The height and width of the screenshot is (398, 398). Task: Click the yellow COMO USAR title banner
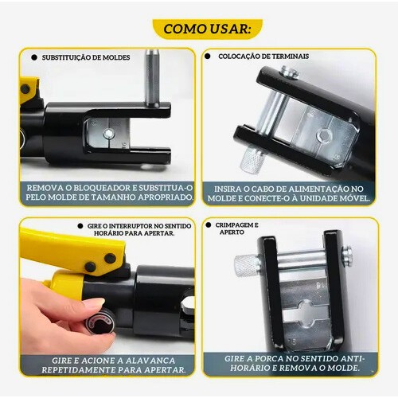(207, 29)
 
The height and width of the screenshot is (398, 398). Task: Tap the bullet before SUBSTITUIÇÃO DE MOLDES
(34, 57)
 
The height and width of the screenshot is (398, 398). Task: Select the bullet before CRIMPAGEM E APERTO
(209, 225)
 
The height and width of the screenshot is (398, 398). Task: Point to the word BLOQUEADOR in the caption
(102, 188)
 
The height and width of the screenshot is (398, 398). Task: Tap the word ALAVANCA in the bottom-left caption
(150, 361)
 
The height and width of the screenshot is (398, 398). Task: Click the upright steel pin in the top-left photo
(153, 78)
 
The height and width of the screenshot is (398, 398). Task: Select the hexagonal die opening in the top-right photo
(324, 136)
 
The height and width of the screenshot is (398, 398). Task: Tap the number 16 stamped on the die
(292, 341)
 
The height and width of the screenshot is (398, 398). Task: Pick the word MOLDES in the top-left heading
(116, 57)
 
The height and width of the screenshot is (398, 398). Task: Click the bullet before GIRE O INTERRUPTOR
(80, 226)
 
